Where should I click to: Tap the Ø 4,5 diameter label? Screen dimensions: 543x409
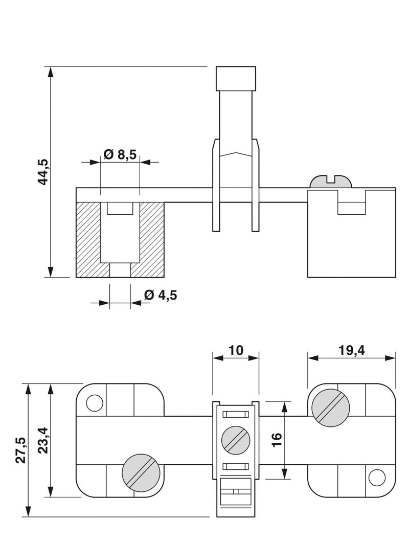(161, 295)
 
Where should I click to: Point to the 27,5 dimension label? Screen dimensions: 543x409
(20, 450)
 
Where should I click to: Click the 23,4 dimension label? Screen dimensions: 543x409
(43, 440)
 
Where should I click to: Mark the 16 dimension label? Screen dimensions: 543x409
(276, 440)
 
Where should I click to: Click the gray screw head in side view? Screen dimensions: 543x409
(331, 182)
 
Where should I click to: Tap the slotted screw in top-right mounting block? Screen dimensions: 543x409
(331, 406)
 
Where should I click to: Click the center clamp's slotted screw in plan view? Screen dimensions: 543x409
(236, 439)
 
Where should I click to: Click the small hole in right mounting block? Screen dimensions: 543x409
(377, 478)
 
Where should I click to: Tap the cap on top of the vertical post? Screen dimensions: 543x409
(236, 78)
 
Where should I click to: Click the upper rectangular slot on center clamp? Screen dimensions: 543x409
(236, 414)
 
